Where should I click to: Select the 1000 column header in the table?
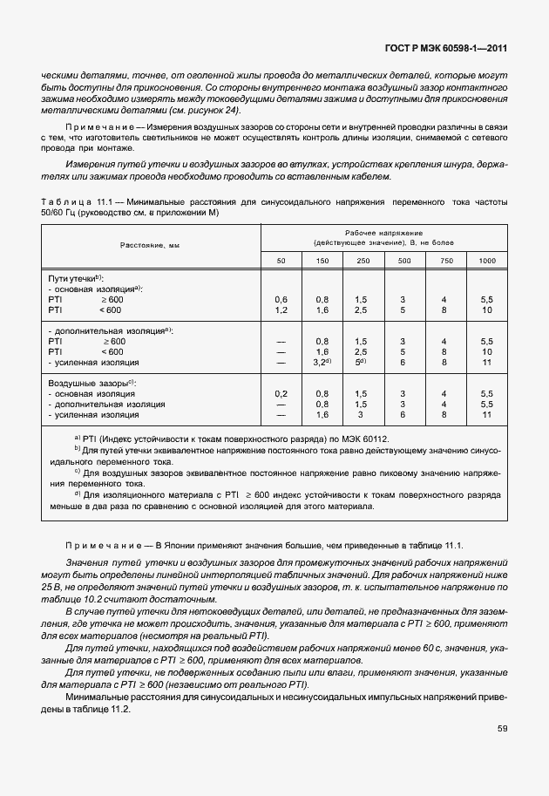coord(486,261)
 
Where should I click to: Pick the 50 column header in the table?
coord(281,261)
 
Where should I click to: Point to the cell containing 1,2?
coord(281,309)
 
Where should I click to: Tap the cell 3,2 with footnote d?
coord(322,361)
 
